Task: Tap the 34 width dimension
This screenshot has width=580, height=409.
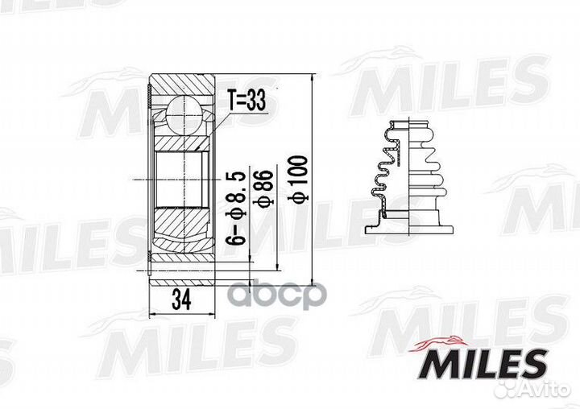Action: point(181,300)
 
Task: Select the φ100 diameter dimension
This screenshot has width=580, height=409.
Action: point(298,179)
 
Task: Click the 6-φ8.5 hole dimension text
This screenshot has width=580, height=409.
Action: point(236,208)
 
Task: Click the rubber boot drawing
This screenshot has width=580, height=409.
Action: point(409,177)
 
